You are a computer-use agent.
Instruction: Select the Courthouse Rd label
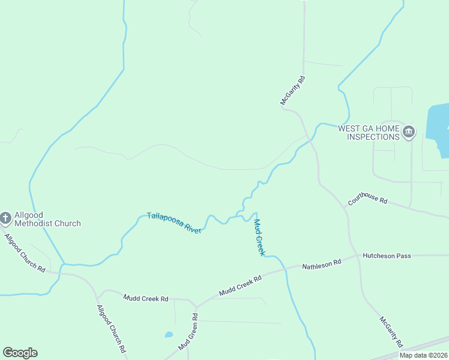tap(367, 200)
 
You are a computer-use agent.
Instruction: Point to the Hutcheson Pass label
tap(387, 256)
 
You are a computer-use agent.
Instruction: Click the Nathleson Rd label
tap(321, 263)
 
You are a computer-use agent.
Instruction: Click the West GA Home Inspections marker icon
tap(409, 131)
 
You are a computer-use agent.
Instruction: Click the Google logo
tap(20, 353)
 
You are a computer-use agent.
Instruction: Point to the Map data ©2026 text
tap(423, 355)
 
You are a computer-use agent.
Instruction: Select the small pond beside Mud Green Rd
tap(169, 335)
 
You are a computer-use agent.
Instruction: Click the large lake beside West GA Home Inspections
tap(438, 129)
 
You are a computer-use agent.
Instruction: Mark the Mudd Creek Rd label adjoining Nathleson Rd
tap(241, 286)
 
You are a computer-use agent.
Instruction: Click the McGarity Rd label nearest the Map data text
tap(391, 332)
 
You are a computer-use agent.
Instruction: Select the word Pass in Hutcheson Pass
tap(403, 256)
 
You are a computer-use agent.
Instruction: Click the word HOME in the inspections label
tap(387, 128)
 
